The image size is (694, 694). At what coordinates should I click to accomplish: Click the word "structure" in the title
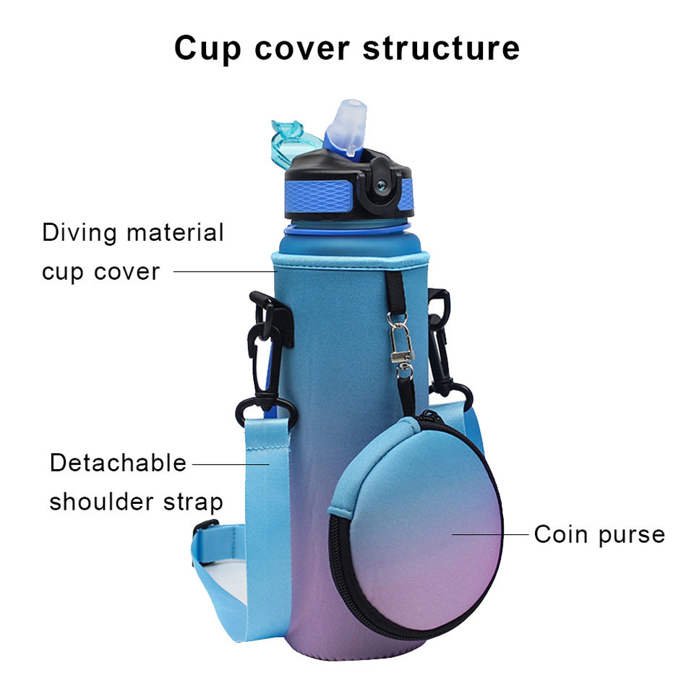coord(440,48)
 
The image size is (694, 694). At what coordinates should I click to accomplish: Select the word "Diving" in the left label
coord(79,233)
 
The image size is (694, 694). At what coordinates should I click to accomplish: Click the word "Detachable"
coord(118,463)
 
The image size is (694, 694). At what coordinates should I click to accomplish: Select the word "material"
coord(174,233)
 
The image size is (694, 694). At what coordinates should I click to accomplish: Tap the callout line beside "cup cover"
coord(223,272)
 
